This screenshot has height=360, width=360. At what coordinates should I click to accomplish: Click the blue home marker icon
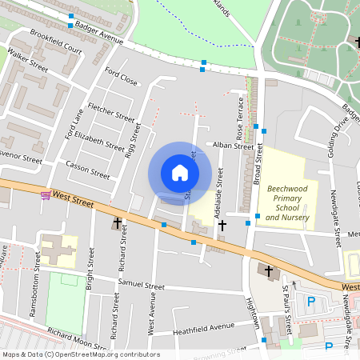(x=180, y=173)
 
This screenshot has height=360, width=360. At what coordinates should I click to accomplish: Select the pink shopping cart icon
(x=46, y=195)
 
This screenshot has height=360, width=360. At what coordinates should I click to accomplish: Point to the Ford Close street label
(x=121, y=78)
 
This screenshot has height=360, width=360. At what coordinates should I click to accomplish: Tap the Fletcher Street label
(x=111, y=112)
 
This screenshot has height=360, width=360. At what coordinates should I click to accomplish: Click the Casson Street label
(x=87, y=167)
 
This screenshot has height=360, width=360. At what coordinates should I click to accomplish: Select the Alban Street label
(x=233, y=146)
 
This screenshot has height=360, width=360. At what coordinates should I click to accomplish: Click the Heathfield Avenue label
(x=203, y=327)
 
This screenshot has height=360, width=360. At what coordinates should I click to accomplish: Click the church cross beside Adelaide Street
(x=222, y=226)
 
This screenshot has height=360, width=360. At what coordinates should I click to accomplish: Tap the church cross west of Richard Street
(x=118, y=223)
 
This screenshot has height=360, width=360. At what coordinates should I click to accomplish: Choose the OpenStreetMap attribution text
(x=80, y=354)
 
